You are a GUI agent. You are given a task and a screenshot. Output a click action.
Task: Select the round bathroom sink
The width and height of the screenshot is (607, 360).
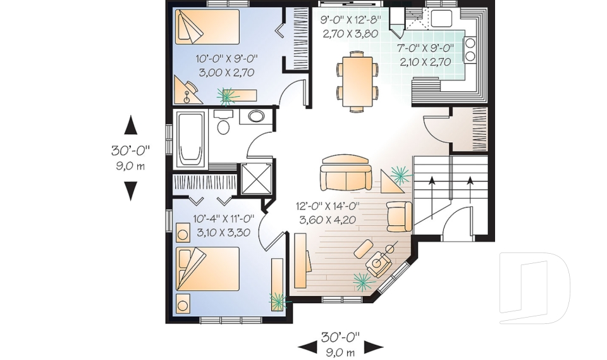(x=256, y=116)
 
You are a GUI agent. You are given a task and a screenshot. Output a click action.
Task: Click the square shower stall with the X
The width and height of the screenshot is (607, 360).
(x=256, y=178)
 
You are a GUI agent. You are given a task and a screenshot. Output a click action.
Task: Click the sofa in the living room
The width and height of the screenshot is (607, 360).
(x=346, y=172)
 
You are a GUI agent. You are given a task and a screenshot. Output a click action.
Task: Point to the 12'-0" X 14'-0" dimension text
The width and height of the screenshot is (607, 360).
(x=327, y=206)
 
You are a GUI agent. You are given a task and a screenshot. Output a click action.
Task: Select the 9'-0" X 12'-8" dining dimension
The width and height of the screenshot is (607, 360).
(x=351, y=19)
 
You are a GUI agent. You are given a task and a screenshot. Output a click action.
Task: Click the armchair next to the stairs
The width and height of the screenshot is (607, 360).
(x=400, y=216)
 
